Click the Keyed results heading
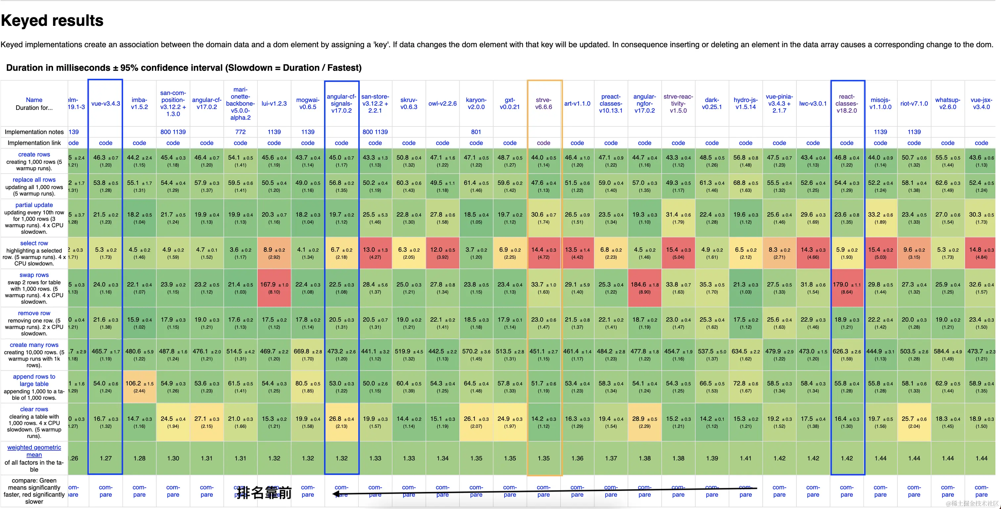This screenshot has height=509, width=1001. pyautogui.click(x=52, y=21)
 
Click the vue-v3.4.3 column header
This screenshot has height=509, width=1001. pyautogui.click(x=105, y=103)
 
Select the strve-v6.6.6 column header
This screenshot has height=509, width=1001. pyautogui.click(x=543, y=103)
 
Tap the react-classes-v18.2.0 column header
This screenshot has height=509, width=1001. pyautogui.click(x=846, y=103)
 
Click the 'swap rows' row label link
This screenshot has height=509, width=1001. pyautogui.click(x=34, y=275)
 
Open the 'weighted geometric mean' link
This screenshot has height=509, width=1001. pyautogui.click(x=34, y=451)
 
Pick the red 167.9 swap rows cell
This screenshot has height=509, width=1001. pyautogui.click(x=274, y=288)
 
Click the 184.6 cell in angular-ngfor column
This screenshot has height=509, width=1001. pyautogui.click(x=644, y=288)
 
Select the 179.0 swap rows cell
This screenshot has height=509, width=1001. pyautogui.click(x=846, y=288)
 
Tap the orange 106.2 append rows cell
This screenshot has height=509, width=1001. pyautogui.click(x=139, y=386)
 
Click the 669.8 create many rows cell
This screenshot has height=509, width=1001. pyautogui.click(x=308, y=355)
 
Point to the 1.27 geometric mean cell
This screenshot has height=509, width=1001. pyautogui.click(x=105, y=458)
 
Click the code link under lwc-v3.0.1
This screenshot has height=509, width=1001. pyautogui.click(x=813, y=143)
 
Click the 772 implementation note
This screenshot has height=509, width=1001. pyautogui.click(x=240, y=132)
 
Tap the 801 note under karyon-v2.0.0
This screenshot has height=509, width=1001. pyautogui.click(x=476, y=132)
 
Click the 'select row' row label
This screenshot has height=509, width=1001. pyautogui.click(x=34, y=243)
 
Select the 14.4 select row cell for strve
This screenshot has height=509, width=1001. pyautogui.click(x=543, y=253)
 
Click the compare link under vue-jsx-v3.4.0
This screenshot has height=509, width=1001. pyautogui.click(x=981, y=491)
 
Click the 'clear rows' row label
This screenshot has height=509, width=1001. pyautogui.click(x=34, y=409)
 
